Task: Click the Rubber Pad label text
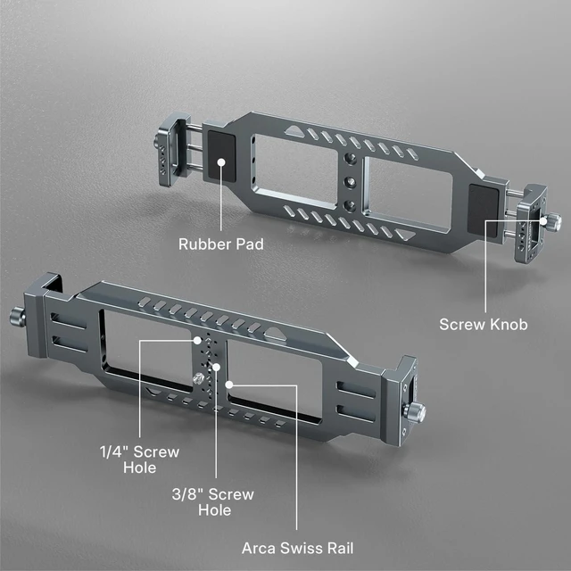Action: pyautogui.click(x=221, y=244)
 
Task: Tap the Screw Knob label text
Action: pyautogui.click(x=484, y=324)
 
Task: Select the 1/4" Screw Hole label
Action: pyautogui.click(x=140, y=459)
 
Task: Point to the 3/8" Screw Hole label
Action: pyautogui.click(x=213, y=502)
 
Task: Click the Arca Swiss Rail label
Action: pyautogui.click(x=297, y=548)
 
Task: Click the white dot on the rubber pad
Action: pyautogui.click(x=221, y=161)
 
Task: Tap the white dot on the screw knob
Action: pyautogui.click(x=543, y=220)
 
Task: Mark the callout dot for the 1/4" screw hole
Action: pyautogui.click(x=197, y=341)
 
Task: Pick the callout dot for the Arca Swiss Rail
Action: pyautogui.click(x=229, y=385)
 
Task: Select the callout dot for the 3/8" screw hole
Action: pyautogui.click(x=216, y=367)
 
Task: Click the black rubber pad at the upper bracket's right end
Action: pyautogui.click(x=483, y=211)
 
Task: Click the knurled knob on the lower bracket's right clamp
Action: pyautogui.click(x=415, y=412)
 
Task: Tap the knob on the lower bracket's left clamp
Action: pyautogui.click(x=17, y=316)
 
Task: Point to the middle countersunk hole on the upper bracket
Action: pyautogui.click(x=350, y=181)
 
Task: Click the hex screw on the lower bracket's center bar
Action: pyautogui.click(x=198, y=378)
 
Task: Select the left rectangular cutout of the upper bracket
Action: pyautogui.click(x=295, y=170)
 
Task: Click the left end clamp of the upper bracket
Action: pyautogui.click(x=171, y=149)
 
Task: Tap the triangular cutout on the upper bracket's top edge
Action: pyautogui.click(x=294, y=131)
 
